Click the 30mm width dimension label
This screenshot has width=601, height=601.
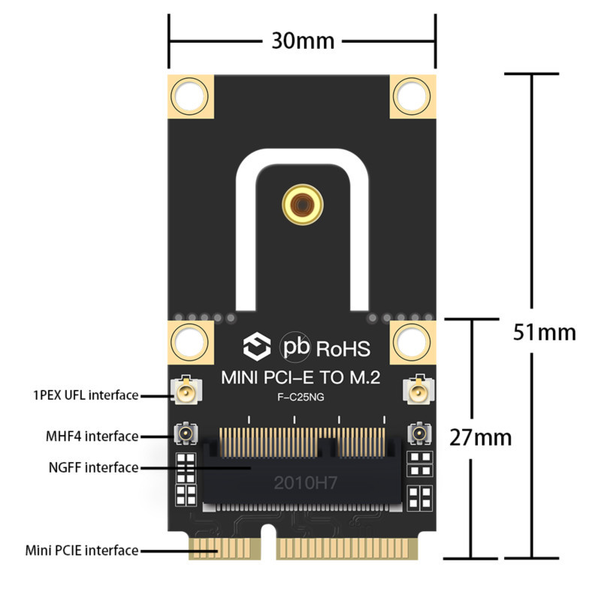(x=303, y=40)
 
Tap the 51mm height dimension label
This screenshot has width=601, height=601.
(x=545, y=331)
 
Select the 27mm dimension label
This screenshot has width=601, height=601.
(x=481, y=436)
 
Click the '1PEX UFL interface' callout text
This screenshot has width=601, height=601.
(x=86, y=394)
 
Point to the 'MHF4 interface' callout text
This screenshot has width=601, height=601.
(x=92, y=436)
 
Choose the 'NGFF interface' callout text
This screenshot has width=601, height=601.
(x=93, y=467)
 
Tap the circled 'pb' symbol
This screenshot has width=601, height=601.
(x=295, y=347)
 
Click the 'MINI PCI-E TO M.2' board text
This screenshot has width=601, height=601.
(x=300, y=379)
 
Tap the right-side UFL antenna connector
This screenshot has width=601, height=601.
(x=416, y=391)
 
